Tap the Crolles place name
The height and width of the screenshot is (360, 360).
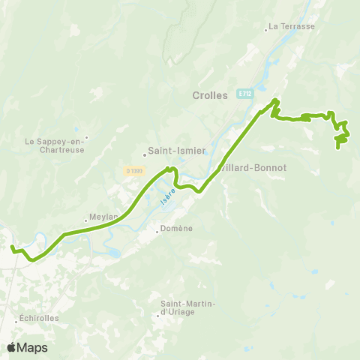click(210, 94)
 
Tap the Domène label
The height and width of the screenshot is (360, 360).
click(178, 229)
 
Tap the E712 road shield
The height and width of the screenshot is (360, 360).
click(244, 94)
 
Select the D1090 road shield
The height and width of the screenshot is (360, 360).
click(133, 171)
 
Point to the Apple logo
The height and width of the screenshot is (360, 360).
click(11, 347)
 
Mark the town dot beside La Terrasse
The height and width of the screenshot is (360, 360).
click(266, 31)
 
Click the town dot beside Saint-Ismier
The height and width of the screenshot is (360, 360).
click(145, 156)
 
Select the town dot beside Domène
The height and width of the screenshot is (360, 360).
click(157, 231)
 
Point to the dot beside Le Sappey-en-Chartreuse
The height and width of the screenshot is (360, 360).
click(86, 137)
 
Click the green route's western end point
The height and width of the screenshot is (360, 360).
click(11, 246)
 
